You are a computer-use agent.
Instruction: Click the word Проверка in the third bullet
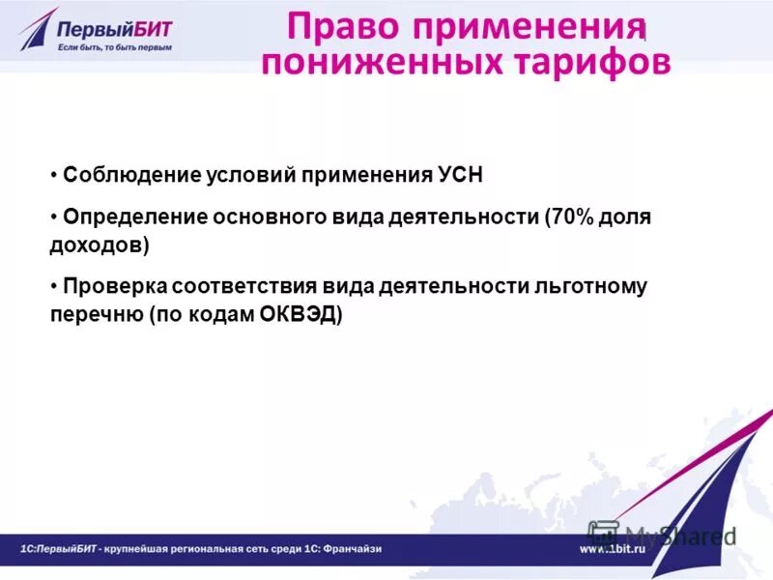point(115,287)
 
